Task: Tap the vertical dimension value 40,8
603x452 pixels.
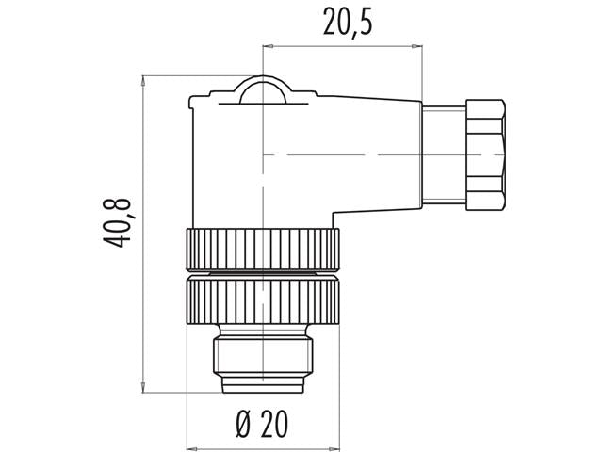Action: pyautogui.click(x=119, y=224)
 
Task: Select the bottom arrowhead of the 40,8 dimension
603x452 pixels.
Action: pyautogui.click(x=142, y=384)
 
